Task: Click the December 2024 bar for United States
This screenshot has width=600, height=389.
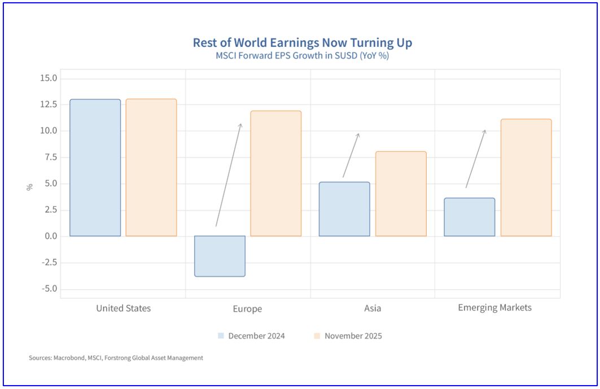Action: pyautogui.click(x=95, y=168)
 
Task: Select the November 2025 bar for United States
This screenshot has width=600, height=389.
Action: pyautogui.click(x=151, y=168)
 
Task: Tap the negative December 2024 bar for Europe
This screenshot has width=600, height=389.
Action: pyautogui.click(x=220, y=256)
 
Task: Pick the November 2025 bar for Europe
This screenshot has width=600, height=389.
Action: pyautogui.click(x=275, y=173)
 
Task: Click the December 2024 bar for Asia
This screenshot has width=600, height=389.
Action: pyautogui.click(x=344, y=209)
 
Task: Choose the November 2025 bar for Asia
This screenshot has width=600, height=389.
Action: pyautogui.click(x=401, y=194)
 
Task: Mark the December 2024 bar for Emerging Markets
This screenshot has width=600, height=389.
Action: pyautogui.click(x=469, y=217)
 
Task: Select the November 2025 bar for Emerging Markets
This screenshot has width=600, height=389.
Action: pyautogui.click(x=525, y=177)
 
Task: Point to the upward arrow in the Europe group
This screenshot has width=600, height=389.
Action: pyautogui.click(x=229, y=175)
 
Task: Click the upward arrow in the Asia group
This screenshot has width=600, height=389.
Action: pyautogui.click(x=351, y=155)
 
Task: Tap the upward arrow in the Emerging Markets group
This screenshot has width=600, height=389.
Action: pyautogui.click(x=475, y=159)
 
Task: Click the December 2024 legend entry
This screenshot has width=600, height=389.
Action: pyautogui.click(x=251, y=336)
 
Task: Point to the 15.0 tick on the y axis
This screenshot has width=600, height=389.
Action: pyautogui.click(x=49, y=78)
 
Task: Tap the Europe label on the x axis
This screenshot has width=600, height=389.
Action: pyautogui.click(x=247, y=309)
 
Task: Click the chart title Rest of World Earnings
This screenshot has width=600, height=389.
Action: pyautogui.click(x=303, y=43)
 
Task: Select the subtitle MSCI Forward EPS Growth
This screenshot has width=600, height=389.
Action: pyautogui.click(x=303, y=56)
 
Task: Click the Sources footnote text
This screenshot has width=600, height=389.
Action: pyautogui.click(x=116, y=358)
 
